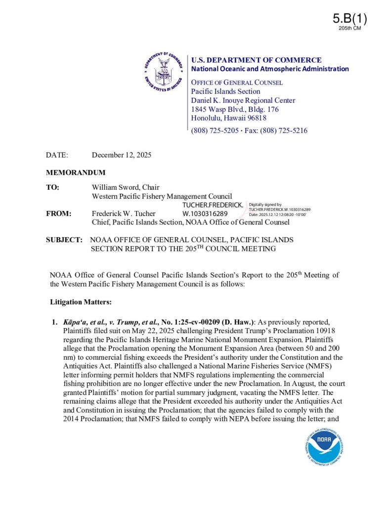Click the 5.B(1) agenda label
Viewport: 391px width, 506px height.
349,19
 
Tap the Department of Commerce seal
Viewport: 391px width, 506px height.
163,72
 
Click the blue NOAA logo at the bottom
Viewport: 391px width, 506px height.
324,440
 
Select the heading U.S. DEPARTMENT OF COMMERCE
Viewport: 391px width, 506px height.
256,60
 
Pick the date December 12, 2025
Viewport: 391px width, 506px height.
122,155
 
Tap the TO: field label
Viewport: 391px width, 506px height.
53,188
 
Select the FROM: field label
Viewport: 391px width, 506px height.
59,213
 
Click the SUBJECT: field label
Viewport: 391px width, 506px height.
64,240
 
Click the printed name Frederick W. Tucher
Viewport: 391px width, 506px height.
124,213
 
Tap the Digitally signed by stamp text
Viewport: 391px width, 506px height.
265,204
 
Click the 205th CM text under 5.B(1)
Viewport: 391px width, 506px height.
349,29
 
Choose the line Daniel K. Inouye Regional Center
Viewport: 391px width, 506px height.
243,100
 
